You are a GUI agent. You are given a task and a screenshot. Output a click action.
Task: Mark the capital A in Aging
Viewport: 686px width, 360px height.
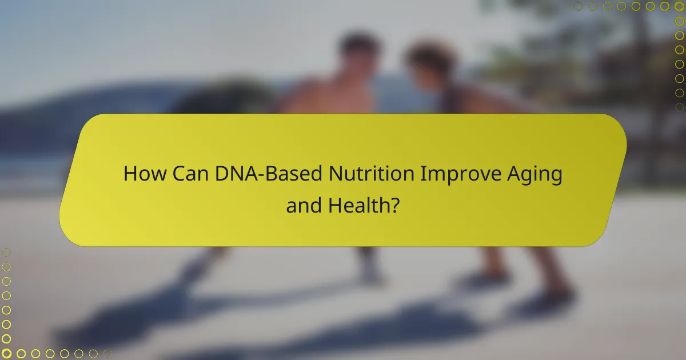pos(517,174)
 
